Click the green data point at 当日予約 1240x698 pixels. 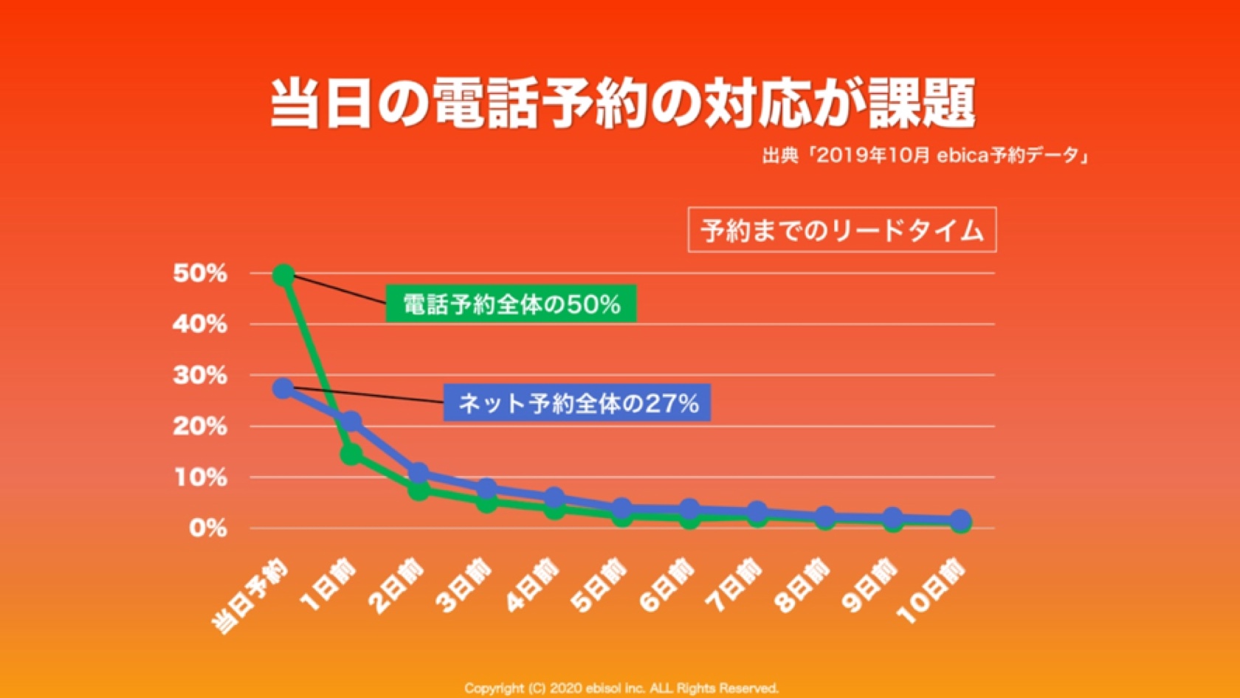point(283,276)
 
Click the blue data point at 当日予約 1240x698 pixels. point(283,388)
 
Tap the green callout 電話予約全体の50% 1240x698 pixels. point(511,304)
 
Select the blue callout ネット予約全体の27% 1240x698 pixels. point(577,403)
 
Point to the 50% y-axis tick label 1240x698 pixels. point(200,274)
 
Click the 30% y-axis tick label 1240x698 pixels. point(200,376)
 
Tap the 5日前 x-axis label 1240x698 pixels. point(599,587)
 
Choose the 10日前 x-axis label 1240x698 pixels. point(931,591)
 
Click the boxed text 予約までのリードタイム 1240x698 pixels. point(842,230)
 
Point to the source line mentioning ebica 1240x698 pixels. point(926,156)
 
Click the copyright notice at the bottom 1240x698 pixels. point(621,688)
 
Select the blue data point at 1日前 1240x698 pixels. point(351,422)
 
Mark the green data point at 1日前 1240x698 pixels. point(351,454)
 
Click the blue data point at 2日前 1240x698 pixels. point(418,473)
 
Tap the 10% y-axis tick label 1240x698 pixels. point(200,477)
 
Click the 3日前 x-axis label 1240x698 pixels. point(464,587)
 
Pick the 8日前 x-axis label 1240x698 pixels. point(802,587)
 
